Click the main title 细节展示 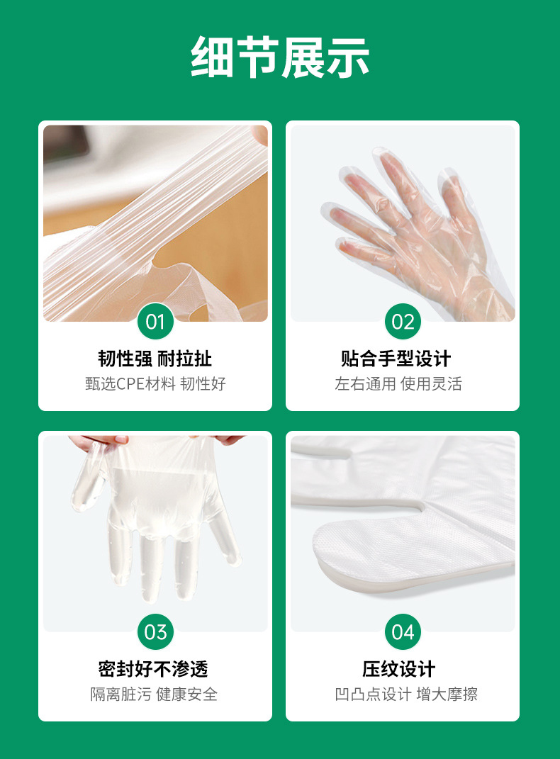coord(280,57)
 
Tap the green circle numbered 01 coord(155,322)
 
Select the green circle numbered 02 coord(403,322)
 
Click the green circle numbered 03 coord(155,632)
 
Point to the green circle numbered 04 coord(403,632)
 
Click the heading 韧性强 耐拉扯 coord(155,359)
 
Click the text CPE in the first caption coord(130,384)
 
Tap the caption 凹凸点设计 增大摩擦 coord(407,695)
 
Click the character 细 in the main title coord(213,57)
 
